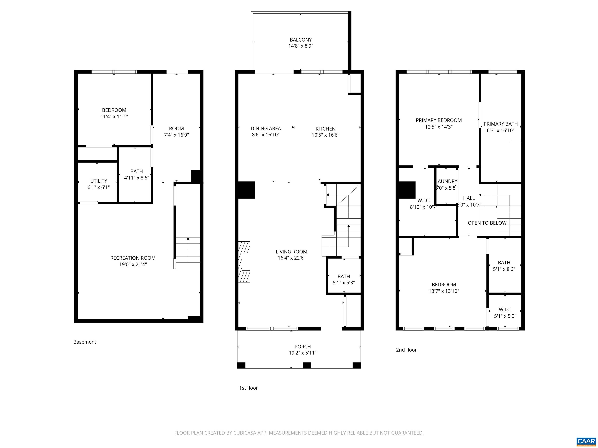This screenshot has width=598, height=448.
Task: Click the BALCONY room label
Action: tap(301, 40)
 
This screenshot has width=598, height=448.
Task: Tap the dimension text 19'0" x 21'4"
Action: tap(133, 264)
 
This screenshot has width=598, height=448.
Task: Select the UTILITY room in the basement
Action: tap(98, 184)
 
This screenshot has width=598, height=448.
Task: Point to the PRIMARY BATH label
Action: tap(500, 124)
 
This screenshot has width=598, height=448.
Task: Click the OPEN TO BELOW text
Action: tap(487, 223)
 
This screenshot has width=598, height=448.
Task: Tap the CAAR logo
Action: tap(586, 441)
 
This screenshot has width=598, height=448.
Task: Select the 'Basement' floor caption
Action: tap(85, 342)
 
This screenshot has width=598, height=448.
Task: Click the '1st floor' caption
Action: tap(248, 388)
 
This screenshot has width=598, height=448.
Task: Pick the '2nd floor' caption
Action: tap(406, 350)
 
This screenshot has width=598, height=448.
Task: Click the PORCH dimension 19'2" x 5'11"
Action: tap(302, 353)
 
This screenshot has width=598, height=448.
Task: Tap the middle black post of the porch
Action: tap(307, 365)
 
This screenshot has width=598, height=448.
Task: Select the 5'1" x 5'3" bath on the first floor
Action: tap(344, 279)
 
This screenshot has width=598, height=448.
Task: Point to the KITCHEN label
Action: tap(325, 129)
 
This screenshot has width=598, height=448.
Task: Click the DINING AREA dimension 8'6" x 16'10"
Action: tap(266, 135)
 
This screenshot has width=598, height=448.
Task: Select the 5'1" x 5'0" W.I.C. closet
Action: tap(505, 312)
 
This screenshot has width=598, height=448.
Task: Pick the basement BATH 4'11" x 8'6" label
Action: tap(136, 174)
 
